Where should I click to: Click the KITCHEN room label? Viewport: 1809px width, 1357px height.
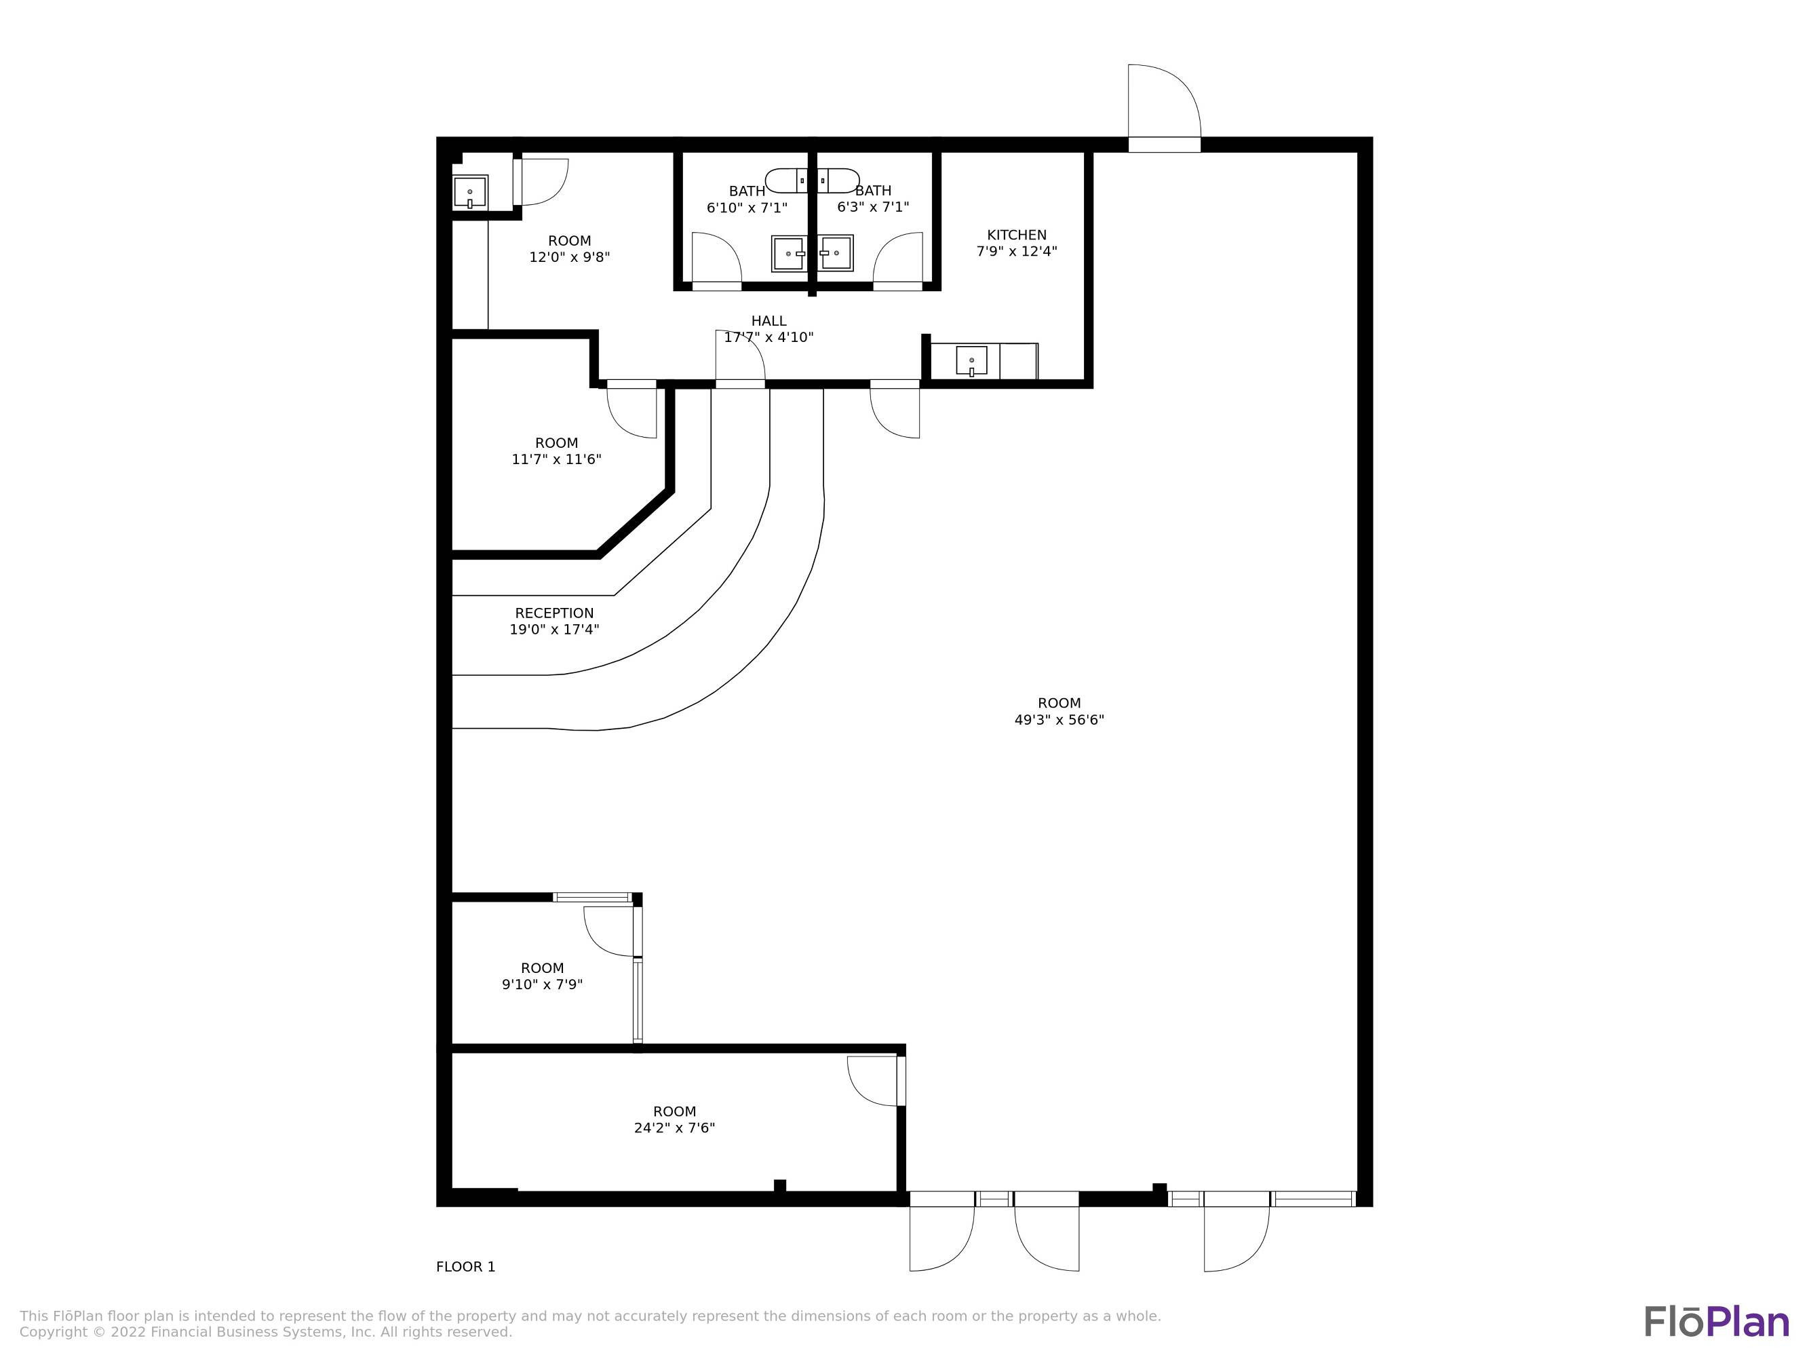pos(1017,235)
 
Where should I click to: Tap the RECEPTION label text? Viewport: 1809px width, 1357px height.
pos(554,613)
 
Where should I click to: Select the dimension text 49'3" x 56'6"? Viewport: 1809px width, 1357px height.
pos(1059,720)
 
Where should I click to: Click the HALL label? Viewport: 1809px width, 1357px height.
pos(769,321)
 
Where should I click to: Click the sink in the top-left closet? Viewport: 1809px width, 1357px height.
pos(470,192)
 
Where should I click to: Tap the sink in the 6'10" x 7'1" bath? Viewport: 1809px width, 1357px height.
pos(789,254)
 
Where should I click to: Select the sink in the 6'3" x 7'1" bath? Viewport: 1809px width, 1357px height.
pos(836,254)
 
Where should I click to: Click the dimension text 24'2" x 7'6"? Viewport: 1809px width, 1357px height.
pos(675,1128)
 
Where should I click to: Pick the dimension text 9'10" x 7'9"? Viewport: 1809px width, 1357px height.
pos(542,984)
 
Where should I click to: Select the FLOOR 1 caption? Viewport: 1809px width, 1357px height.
pos(465,1267)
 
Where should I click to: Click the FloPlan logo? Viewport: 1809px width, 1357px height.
pos(1717,1322)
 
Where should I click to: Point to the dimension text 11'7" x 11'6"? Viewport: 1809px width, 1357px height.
pos(557,459)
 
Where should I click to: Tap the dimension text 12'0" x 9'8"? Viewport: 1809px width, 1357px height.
pos(569,257)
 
